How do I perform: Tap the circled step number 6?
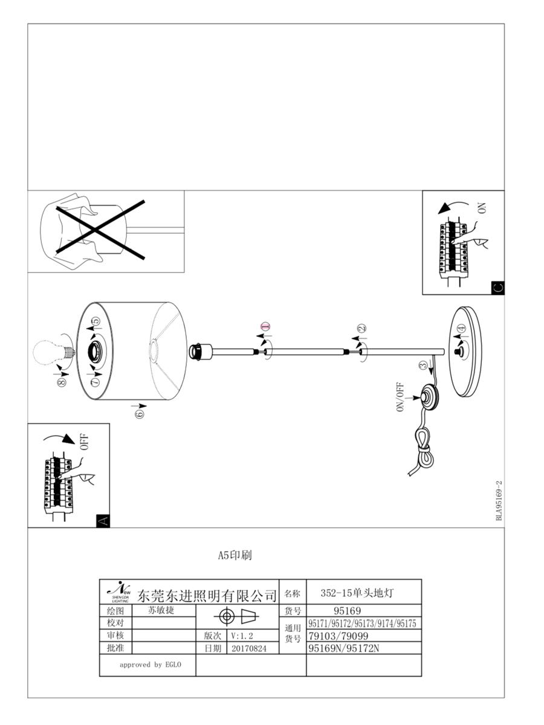point(140,413)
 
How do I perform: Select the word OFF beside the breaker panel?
point(84,442)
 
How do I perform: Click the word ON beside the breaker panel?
point(482,208)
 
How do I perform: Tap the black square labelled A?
point(103,520)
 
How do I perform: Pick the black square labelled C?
point(497,287)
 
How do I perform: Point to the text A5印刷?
point(235,555)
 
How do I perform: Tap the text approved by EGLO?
point(149,665)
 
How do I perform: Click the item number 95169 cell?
point(347,611)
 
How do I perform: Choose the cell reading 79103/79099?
point(338,636)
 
